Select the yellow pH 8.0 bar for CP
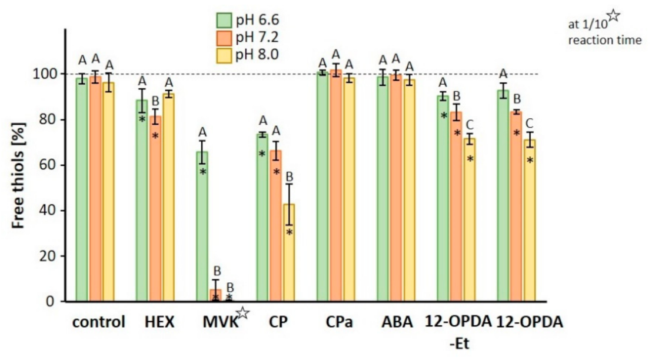289,253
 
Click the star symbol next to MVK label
242,314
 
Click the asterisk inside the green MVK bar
202,172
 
